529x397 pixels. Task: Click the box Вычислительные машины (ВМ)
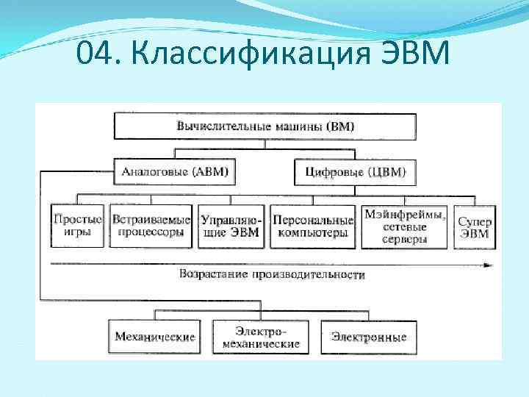click(x=264, y=126)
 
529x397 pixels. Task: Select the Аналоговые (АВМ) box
click(x=175, y=173)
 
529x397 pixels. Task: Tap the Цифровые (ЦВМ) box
click(x=355, y=173)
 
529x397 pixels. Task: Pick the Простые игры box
click(x=77, y=226)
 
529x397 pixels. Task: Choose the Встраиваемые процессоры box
click(x=151, y=226)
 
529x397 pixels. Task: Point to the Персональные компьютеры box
click(x=313, y=226)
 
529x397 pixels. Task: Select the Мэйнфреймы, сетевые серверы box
click(x=405, y=226)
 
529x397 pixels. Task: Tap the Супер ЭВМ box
click(x=474, y=226)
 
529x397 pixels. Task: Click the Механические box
click(x=155, y=337)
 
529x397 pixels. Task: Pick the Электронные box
click(x=368, y=337)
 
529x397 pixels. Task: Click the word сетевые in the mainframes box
click(x=405, y=227)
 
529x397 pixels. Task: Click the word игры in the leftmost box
click(x=77, y=232)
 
